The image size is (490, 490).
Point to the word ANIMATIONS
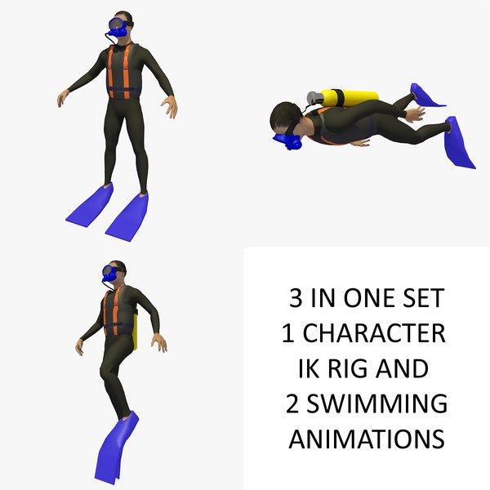367,439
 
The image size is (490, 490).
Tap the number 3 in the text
296,299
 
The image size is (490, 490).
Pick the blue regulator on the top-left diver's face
118,28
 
